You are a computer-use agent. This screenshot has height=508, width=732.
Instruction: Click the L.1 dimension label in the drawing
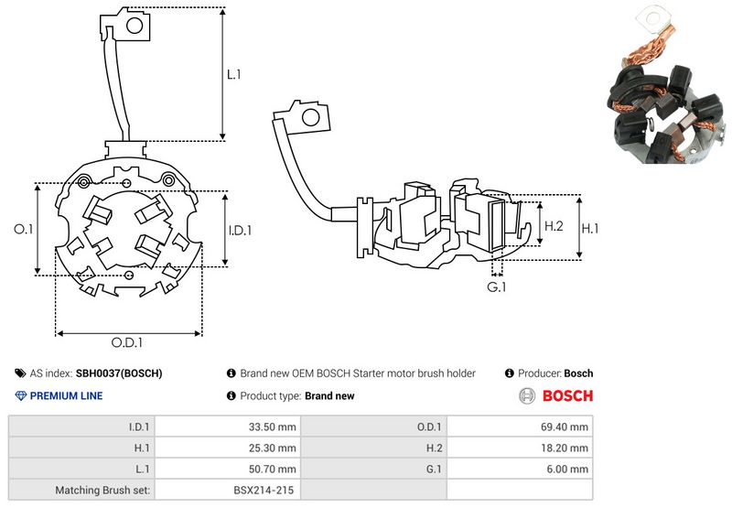(x=233, y=74)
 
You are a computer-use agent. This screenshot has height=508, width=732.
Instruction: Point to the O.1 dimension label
(x=24, y=229)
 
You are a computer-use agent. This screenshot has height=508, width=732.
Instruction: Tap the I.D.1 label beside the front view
(x=240, y=230)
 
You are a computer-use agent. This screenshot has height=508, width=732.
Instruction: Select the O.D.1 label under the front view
(x=127, y=342)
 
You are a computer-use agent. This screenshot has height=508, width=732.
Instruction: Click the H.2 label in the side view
(x=554, y=226)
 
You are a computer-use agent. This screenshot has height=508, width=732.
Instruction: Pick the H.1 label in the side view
(x=590, y=228)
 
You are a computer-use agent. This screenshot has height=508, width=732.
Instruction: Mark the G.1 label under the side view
(x=496, y=286)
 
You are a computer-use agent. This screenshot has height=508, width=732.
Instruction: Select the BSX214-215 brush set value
(x=264, y=491)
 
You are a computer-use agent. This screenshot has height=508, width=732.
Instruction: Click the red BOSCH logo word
(x=567, y=396)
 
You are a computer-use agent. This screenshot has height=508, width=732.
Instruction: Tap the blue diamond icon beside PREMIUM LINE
(x=21, y=396)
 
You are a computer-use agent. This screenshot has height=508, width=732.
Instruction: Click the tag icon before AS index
(x=20, y=373)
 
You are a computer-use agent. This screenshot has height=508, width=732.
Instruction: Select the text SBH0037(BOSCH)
(x=119, y=373)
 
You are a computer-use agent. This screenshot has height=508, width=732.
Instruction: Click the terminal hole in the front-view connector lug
(x=135, y=26)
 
